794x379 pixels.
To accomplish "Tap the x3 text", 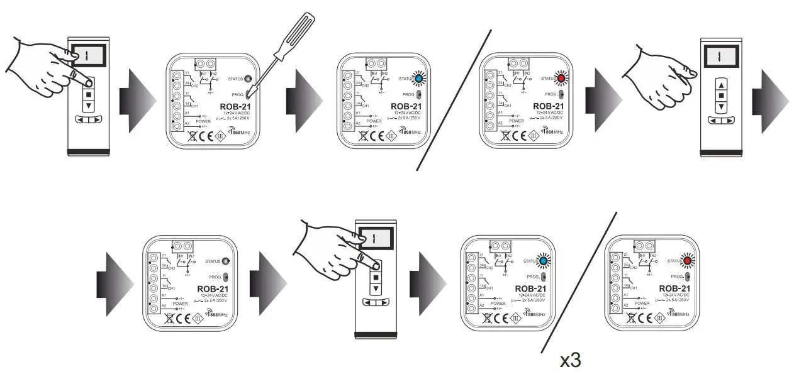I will point(571,360).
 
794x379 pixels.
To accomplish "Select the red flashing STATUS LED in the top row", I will point(560,78).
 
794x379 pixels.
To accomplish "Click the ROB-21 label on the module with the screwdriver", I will point(237,107).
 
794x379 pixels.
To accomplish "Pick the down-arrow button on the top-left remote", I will point(89,106).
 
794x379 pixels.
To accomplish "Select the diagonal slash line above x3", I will point(579,283).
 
